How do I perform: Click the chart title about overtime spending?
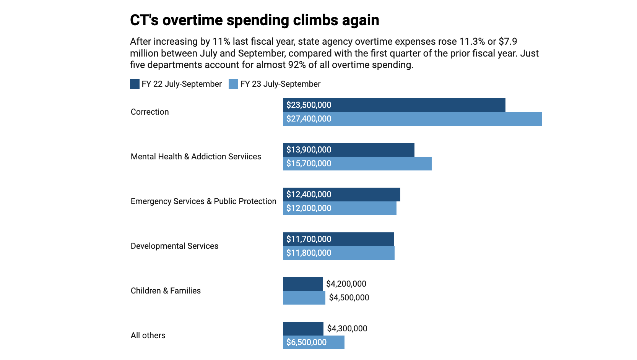(x=254, y=20)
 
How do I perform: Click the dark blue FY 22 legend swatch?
(x=135, y=84)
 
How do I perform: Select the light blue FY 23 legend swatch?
(x=233, y=84)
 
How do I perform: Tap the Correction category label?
(x=149, y=112)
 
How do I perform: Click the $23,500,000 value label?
(x=309, y=105)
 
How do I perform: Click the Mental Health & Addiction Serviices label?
(x=196, y=157)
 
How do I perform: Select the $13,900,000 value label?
(x=309, y=150)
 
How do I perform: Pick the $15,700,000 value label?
(x=309, y=164)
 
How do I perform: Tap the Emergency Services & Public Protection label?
(x=203, y=201)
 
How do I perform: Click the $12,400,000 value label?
(x=309, y=195)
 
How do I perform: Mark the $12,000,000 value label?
(x=309, y=208)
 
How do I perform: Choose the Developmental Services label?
(x=174, y=246)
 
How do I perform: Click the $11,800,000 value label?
(x=309, y=253)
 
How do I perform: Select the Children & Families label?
(x=166, y=291)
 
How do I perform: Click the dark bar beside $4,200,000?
(x=302, y=284)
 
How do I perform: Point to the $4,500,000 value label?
(x=349, y=298)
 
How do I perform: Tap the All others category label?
(x=148, y=336)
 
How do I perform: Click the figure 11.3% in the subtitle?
(x=472, y=42)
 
